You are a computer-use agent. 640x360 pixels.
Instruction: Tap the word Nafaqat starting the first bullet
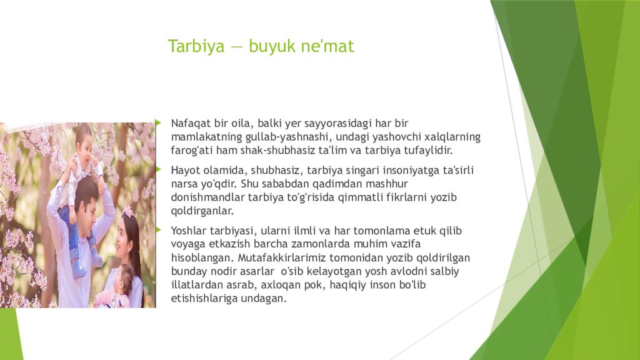coord(191,123)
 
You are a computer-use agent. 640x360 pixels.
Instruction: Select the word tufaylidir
coord(428,151)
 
